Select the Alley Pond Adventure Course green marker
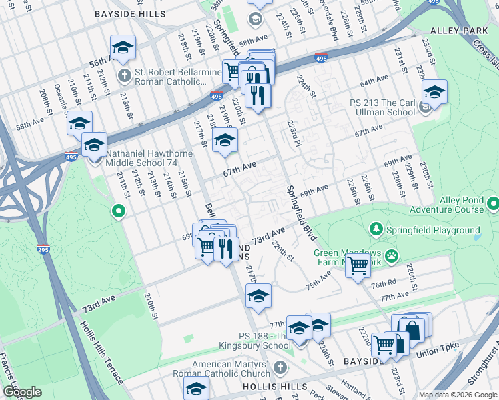(493, 203)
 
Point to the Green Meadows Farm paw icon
(391, 255)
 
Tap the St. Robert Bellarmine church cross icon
(125, 75)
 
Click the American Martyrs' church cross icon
(280, 368)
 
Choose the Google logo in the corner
(22, 391)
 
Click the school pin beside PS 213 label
(434, 92)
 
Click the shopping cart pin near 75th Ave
(359, 265)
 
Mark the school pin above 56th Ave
(123, 48)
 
